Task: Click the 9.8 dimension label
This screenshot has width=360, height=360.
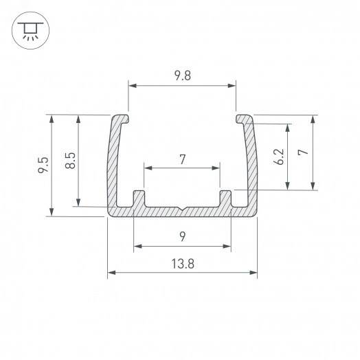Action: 183,76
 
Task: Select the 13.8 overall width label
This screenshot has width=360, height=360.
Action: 183,264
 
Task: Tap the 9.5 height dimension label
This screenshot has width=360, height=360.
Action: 43,165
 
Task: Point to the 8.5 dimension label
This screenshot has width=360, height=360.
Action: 70,161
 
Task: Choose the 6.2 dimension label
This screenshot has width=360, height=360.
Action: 279,157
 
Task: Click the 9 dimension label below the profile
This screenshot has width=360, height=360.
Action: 183,236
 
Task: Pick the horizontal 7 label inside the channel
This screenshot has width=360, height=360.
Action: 183,159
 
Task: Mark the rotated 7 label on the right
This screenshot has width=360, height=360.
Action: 303,152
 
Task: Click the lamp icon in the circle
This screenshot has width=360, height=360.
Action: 30,30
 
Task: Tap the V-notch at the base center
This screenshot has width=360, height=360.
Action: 182,209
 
